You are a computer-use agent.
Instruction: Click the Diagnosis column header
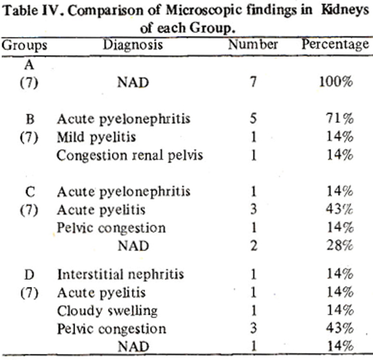pos(133,45)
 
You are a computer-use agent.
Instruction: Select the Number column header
pos(253,44)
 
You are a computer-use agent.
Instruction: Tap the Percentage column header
pos(336,45)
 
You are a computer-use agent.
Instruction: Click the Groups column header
pos(25,45)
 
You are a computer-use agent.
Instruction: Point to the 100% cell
pos(336,82)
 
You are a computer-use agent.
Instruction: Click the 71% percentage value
pos(340,118)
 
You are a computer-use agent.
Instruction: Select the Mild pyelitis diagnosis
pos(96,137)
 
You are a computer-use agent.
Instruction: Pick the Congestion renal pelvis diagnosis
pos(130,155)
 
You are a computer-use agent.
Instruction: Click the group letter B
pos(30,119)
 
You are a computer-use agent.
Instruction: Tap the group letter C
pos(30,192)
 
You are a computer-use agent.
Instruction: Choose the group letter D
pos(30,275)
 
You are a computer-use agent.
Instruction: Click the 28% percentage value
pos(340,245)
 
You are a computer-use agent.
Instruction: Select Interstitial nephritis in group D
pos(121,274)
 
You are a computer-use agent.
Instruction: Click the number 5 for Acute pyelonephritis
pos(253,118)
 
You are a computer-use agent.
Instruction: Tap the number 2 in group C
pos(254,245)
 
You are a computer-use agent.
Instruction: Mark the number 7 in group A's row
pos(254,82)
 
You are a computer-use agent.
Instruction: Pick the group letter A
pos(29,65)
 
